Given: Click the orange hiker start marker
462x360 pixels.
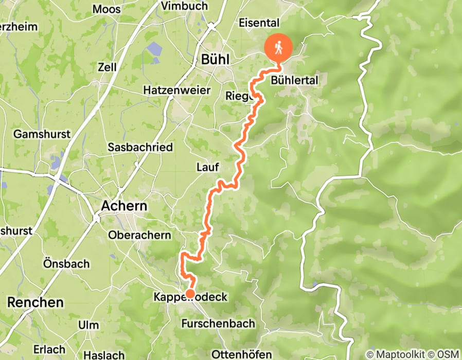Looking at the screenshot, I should pos(278,48).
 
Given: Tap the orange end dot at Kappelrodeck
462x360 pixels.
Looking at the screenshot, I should pos(190,294).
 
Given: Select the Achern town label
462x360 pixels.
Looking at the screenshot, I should pos(123,206).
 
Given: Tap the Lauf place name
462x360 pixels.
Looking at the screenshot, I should pos(208,167).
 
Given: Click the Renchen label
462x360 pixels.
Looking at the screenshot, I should pos(35,302).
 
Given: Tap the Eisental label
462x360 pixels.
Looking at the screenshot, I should pos(259,23).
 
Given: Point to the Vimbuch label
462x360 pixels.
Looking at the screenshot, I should pos(184,6).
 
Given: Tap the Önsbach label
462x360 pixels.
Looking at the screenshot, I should pos(66,264).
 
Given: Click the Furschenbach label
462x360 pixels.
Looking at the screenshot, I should pos(218,323).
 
